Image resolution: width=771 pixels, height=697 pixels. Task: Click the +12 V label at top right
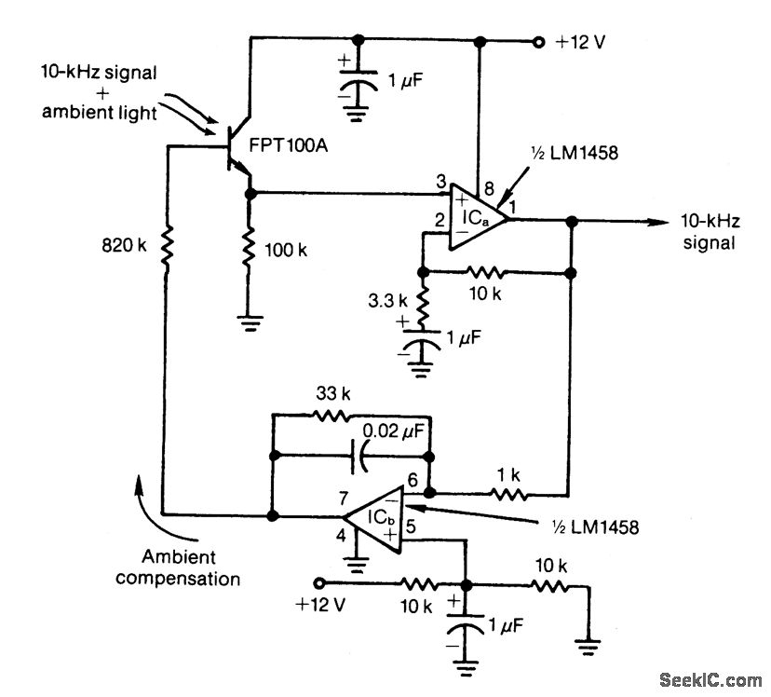pyautogui.click(x=581, y=43)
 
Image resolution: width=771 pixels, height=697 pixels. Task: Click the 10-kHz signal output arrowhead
pyautogui.click(x=657, y=221)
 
